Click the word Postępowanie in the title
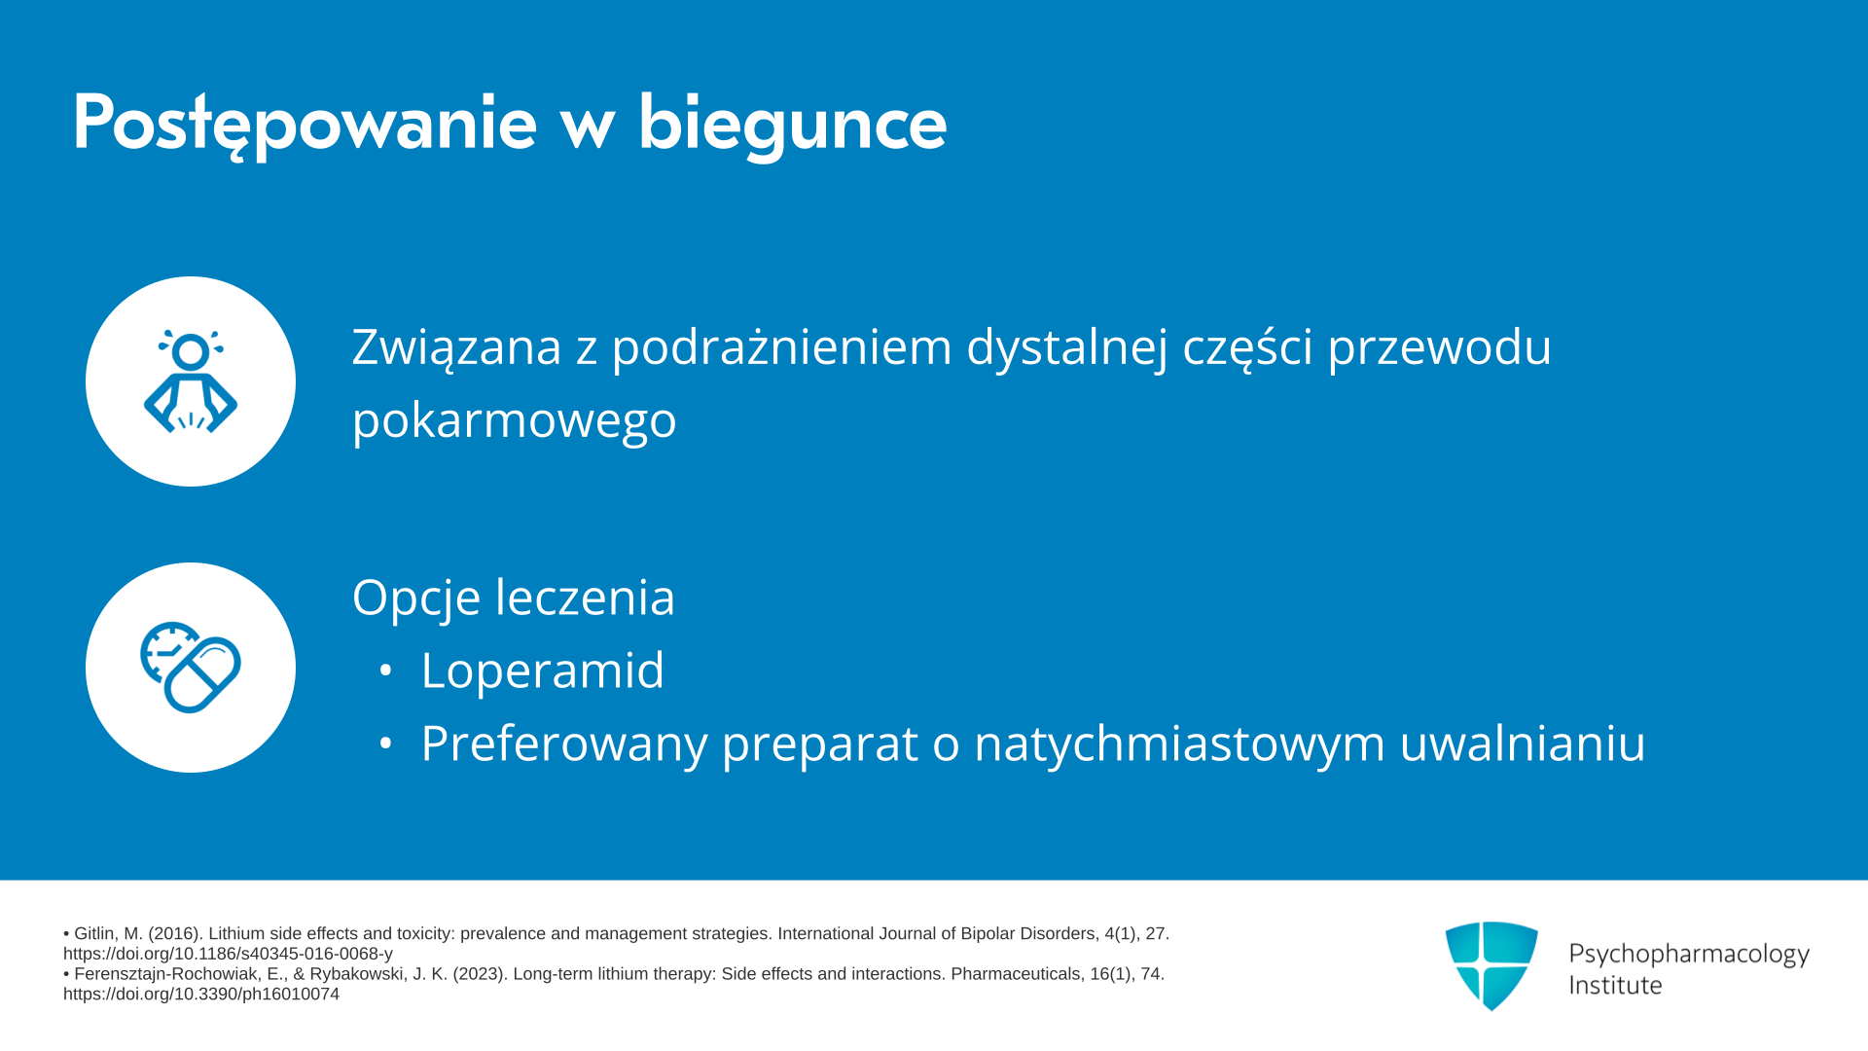(305, 124)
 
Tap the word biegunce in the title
(792, 124)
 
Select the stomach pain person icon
(191, 381)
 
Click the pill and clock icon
(191, 668)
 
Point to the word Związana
(457, 347)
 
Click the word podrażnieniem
(781, 348)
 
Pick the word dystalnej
(1067, 348)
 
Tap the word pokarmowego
(514, 421)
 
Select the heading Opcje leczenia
(514, 598)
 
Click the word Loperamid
(542, 670)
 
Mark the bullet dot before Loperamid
(386, 670)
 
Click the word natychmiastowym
(1179, 743)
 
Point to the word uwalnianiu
(1523, 743)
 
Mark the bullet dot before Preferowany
(386, 743)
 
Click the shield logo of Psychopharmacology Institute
(1491, 965)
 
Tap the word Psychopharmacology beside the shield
(1689, 955)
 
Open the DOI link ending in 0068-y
(228, 954)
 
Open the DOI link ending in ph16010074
(201, 994)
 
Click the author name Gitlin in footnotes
(95, 933)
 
